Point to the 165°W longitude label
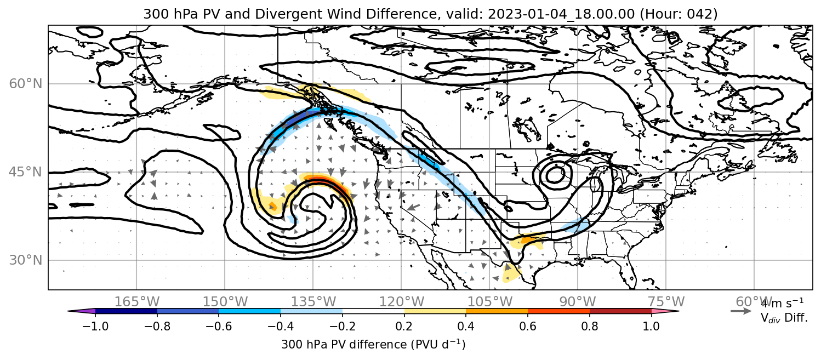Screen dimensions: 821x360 click(137, 302)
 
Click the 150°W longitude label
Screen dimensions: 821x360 click(225, 302)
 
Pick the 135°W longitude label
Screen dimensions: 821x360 click(313, 302)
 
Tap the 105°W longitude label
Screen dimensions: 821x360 click(489, 302)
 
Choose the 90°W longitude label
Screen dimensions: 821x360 click(578, 302)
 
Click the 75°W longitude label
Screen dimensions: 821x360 click(666, 302)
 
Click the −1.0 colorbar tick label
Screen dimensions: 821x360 click(95, 326)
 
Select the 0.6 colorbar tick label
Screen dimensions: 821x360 click(528, 326)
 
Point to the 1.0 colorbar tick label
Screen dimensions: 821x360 click(651, 326)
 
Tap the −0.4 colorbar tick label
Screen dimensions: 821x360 click(281, 326)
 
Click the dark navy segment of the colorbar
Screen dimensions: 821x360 click(127, 311)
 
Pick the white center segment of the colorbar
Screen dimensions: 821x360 click(373, 311)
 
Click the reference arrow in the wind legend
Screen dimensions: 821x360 click(741, 311)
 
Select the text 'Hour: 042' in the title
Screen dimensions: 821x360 click(679, 14)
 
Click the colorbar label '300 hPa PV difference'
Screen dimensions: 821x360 click(344, 345)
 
